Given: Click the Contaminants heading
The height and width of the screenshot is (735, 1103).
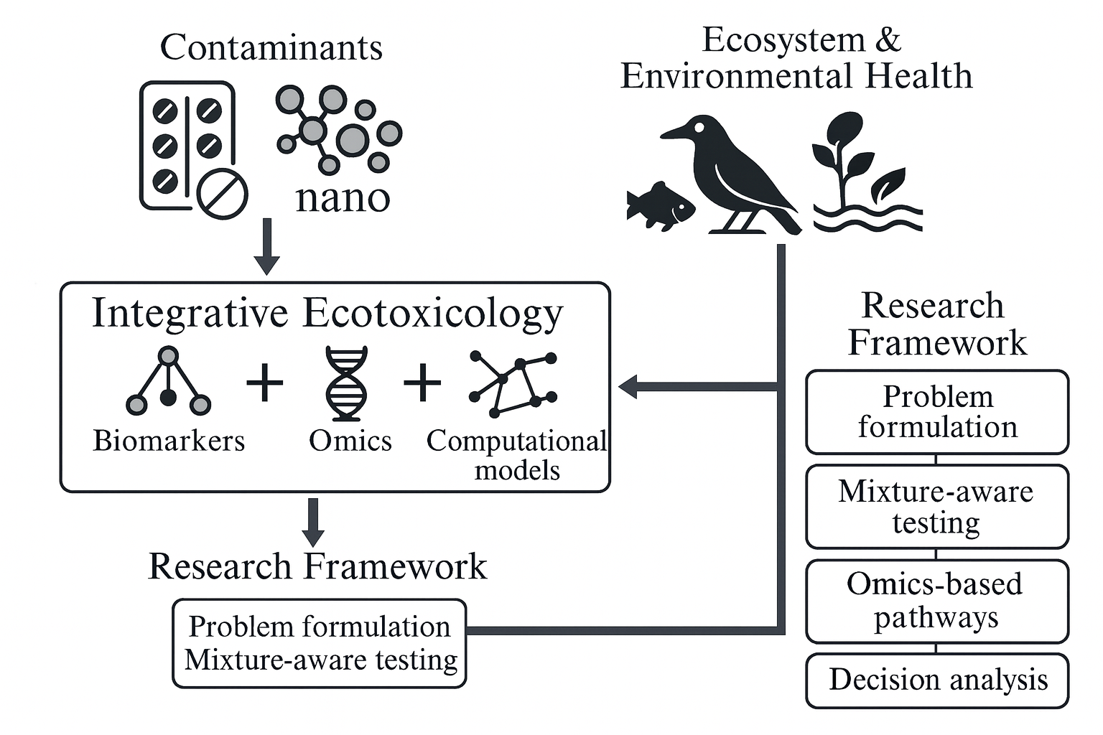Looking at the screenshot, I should (271, 47).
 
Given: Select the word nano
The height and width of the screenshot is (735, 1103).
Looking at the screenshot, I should (343, 197).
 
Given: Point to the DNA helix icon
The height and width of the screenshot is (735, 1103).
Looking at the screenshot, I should (346, 383).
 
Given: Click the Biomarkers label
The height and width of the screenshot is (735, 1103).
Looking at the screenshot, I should (169, 440).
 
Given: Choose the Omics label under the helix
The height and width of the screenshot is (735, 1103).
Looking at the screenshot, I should (350, 440).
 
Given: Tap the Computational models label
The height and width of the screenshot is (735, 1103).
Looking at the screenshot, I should (516, 455).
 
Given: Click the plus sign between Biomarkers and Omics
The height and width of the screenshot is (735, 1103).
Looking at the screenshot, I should (265, 383).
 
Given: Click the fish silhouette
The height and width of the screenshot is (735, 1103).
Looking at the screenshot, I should (660, 206).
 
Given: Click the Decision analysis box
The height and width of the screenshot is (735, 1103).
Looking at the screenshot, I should (937, 680).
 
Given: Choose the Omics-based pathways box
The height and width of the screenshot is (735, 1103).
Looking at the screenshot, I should (937, 601).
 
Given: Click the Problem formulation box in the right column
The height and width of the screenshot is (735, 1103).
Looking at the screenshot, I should (937, 412).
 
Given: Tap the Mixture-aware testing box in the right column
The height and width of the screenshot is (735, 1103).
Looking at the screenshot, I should (937, 507).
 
